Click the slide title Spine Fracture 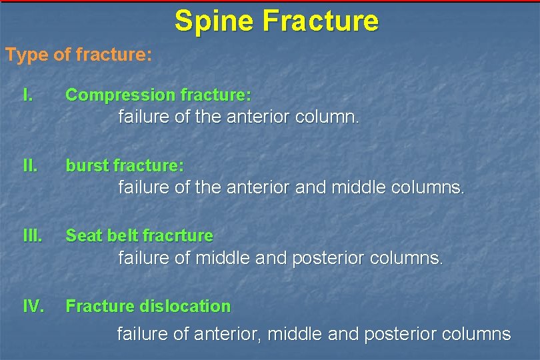click(276, 21)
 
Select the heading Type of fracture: click(79, 55)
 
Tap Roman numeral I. click(27, 95)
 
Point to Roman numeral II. click(29, 165)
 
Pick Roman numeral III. click(32, 235)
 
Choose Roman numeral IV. click(33, 306)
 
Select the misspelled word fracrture click(178, 235)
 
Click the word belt click(121, 235)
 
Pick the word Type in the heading click(26, 55)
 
